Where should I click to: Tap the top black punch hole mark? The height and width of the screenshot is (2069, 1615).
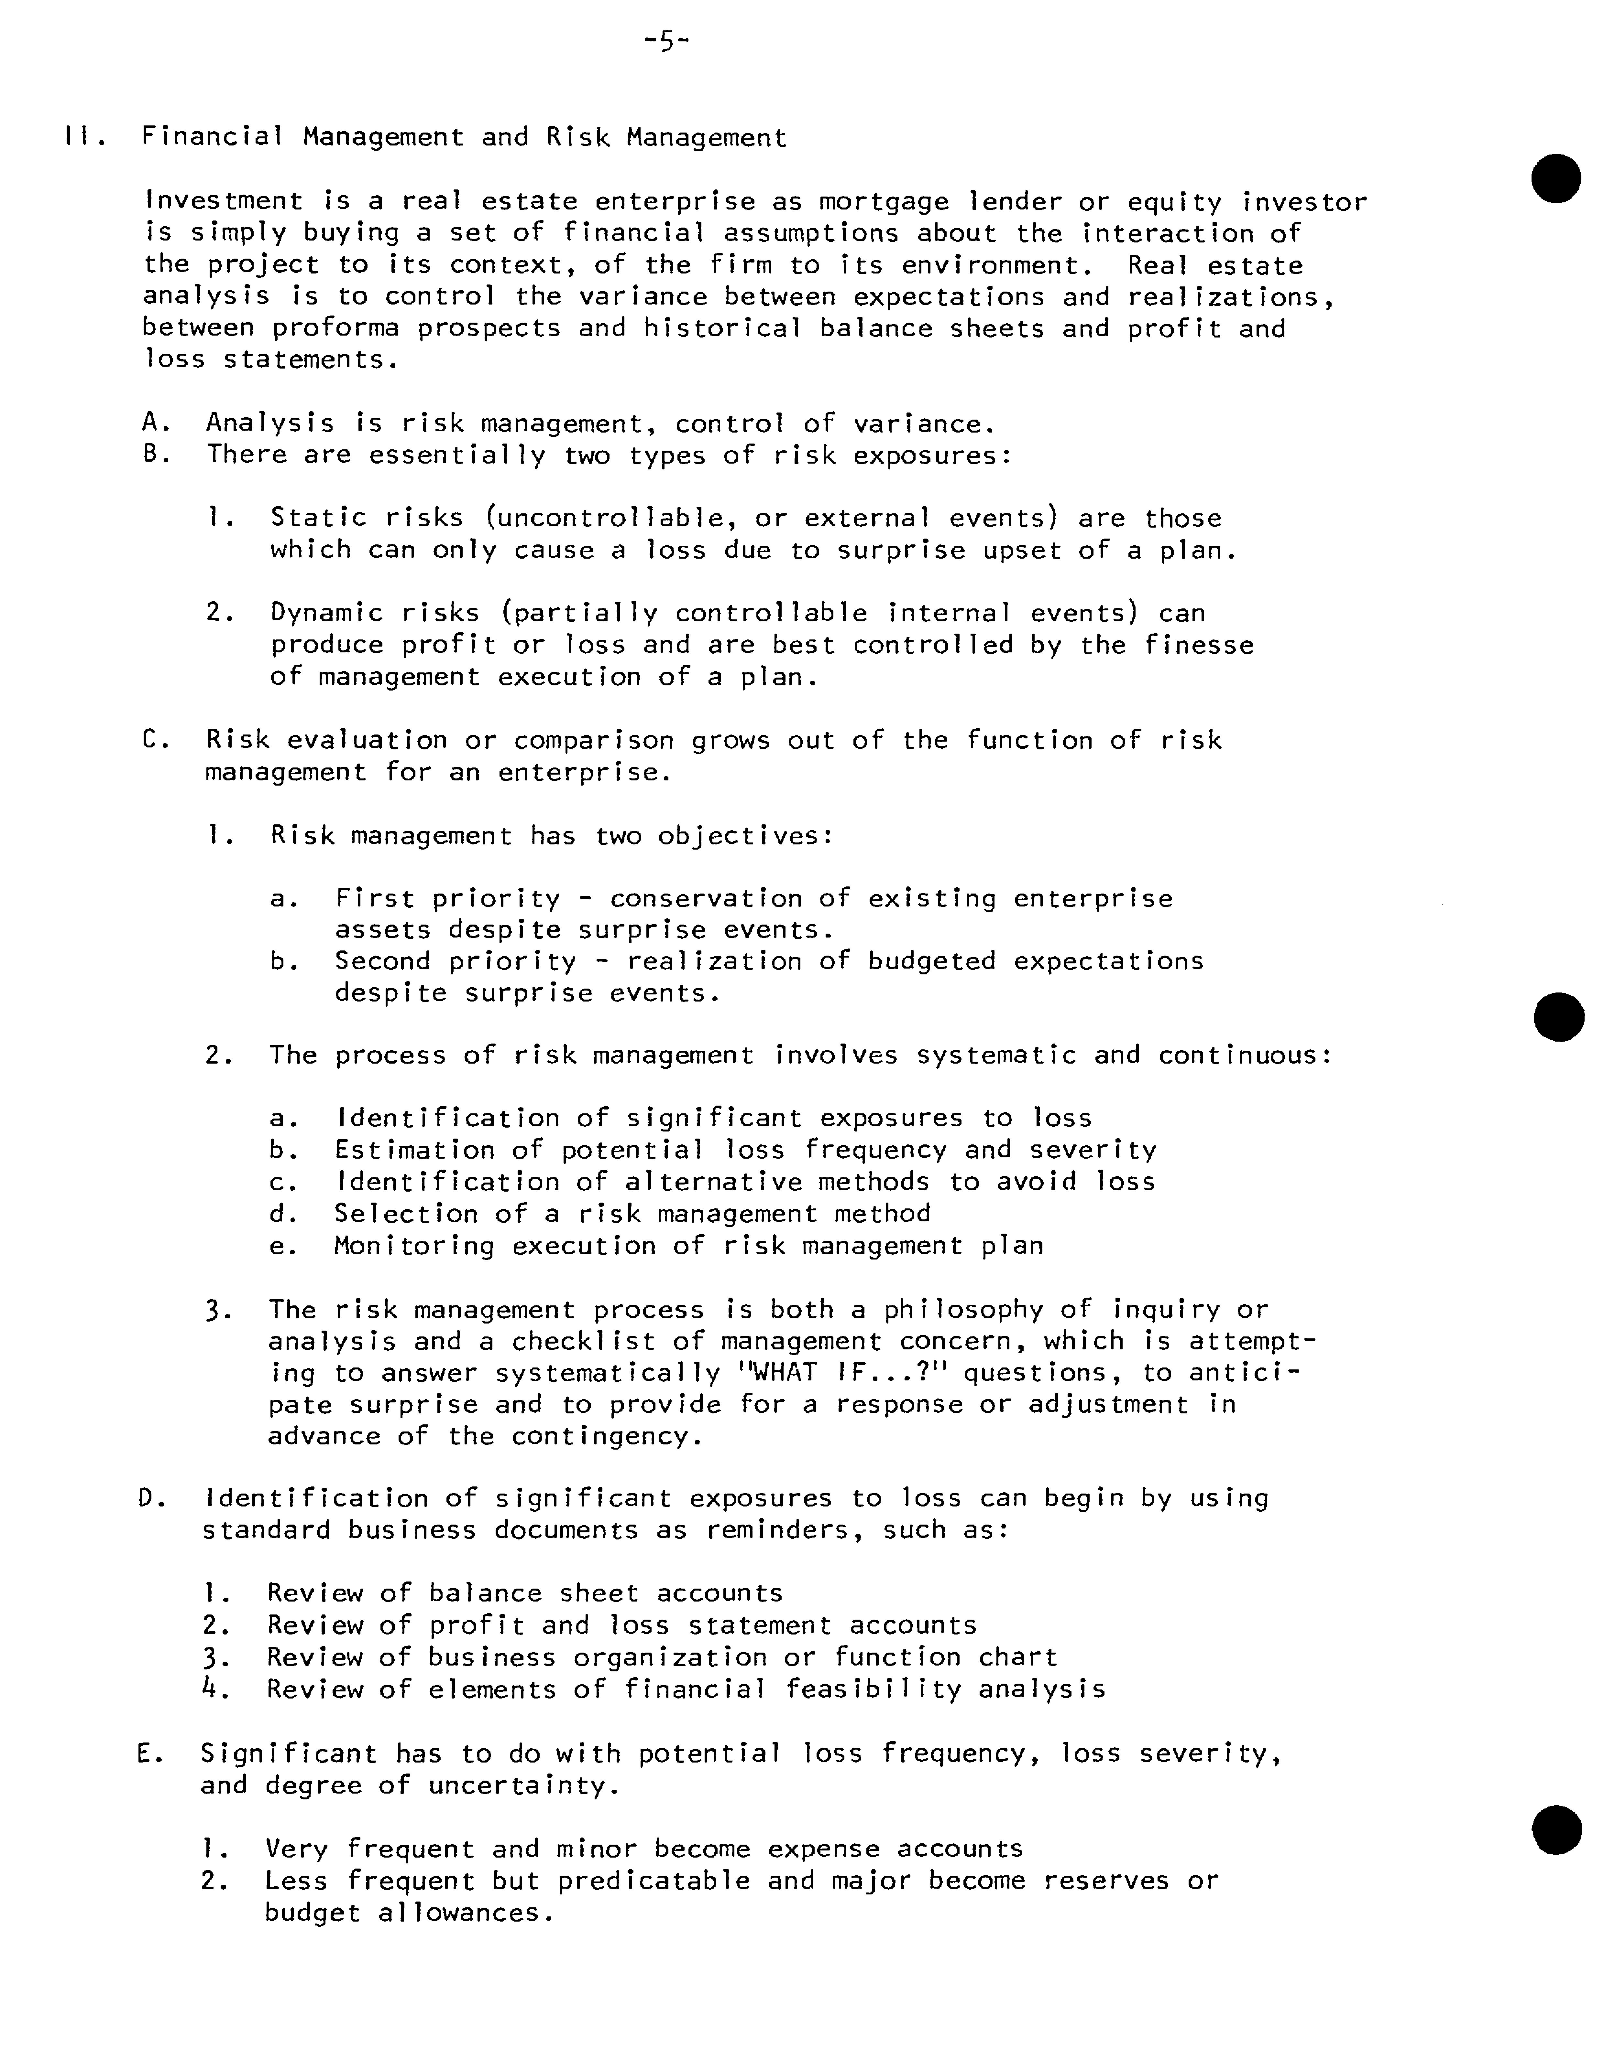coord(1556,177)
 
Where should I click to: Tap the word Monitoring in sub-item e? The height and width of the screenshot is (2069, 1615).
coord(414,1246)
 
